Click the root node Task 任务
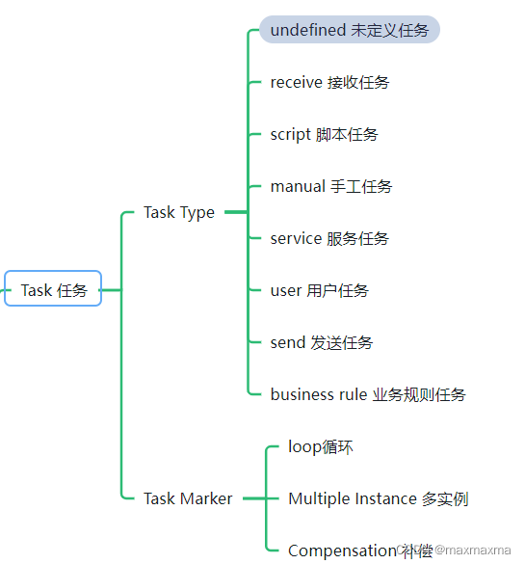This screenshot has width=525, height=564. click(53, 289)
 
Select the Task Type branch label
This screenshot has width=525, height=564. click(179, 212)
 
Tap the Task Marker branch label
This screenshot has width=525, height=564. click(188, 498)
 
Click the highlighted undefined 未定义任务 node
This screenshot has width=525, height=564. click(349, 30)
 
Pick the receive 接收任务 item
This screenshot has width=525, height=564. click(329, 82)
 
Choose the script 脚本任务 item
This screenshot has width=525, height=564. click(324, 134)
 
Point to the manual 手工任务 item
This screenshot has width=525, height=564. click(331, 186)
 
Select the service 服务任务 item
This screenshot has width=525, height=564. click(329, 238)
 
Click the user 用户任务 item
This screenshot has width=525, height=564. click(319, 290)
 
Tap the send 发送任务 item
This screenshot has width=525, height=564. click(322, 342)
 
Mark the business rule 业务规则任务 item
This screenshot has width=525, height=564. click(368, 394)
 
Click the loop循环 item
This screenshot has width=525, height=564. click(321, 446)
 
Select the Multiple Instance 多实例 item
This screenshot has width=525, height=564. click(378, 498)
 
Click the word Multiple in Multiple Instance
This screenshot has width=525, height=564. click(316, 498)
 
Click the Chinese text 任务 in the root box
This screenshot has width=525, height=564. click(72, 289)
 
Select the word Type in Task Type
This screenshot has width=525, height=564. click(197, 212)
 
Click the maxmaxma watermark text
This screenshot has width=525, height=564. click(473, 551)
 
